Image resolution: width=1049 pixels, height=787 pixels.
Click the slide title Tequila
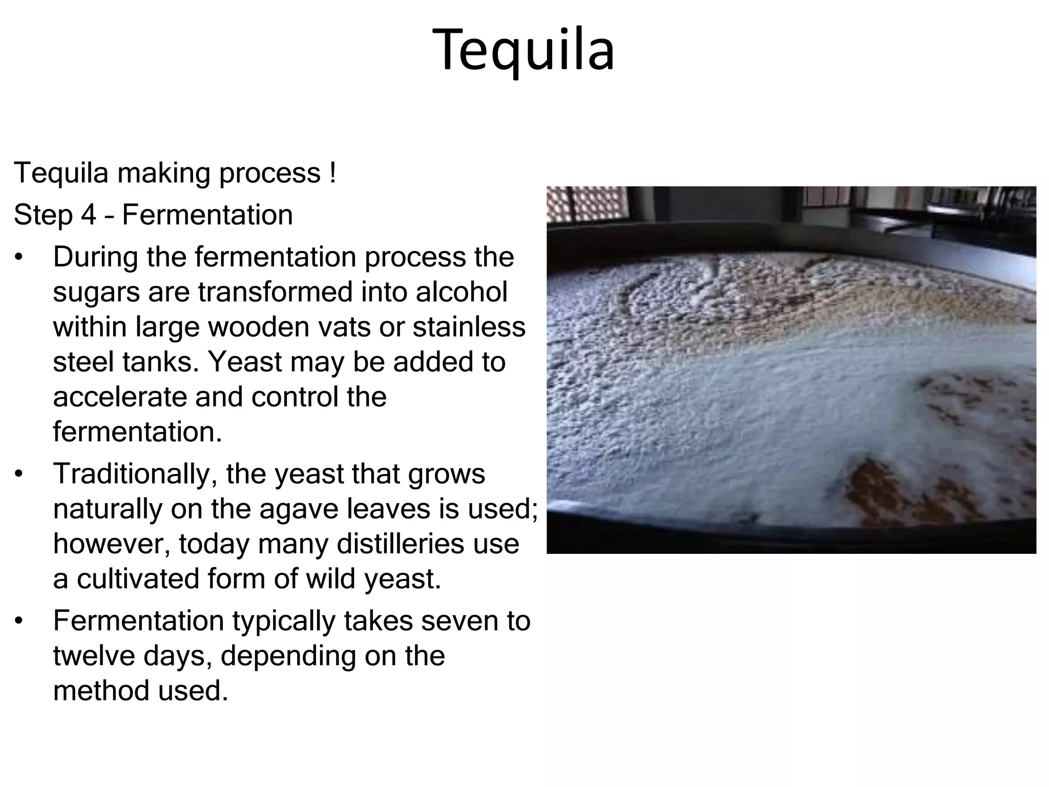coord(523,50)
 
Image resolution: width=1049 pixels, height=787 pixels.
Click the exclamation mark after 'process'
coord(333,173)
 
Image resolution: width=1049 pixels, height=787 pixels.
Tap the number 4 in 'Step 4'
coord(88,215)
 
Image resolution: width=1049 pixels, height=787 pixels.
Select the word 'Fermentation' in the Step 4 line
coord(207,215)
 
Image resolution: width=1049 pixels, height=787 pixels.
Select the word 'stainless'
coord(469,327)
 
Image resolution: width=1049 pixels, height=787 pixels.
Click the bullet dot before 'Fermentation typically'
coord(19,622)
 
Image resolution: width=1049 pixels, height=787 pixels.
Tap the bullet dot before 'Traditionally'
coord(19,474)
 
